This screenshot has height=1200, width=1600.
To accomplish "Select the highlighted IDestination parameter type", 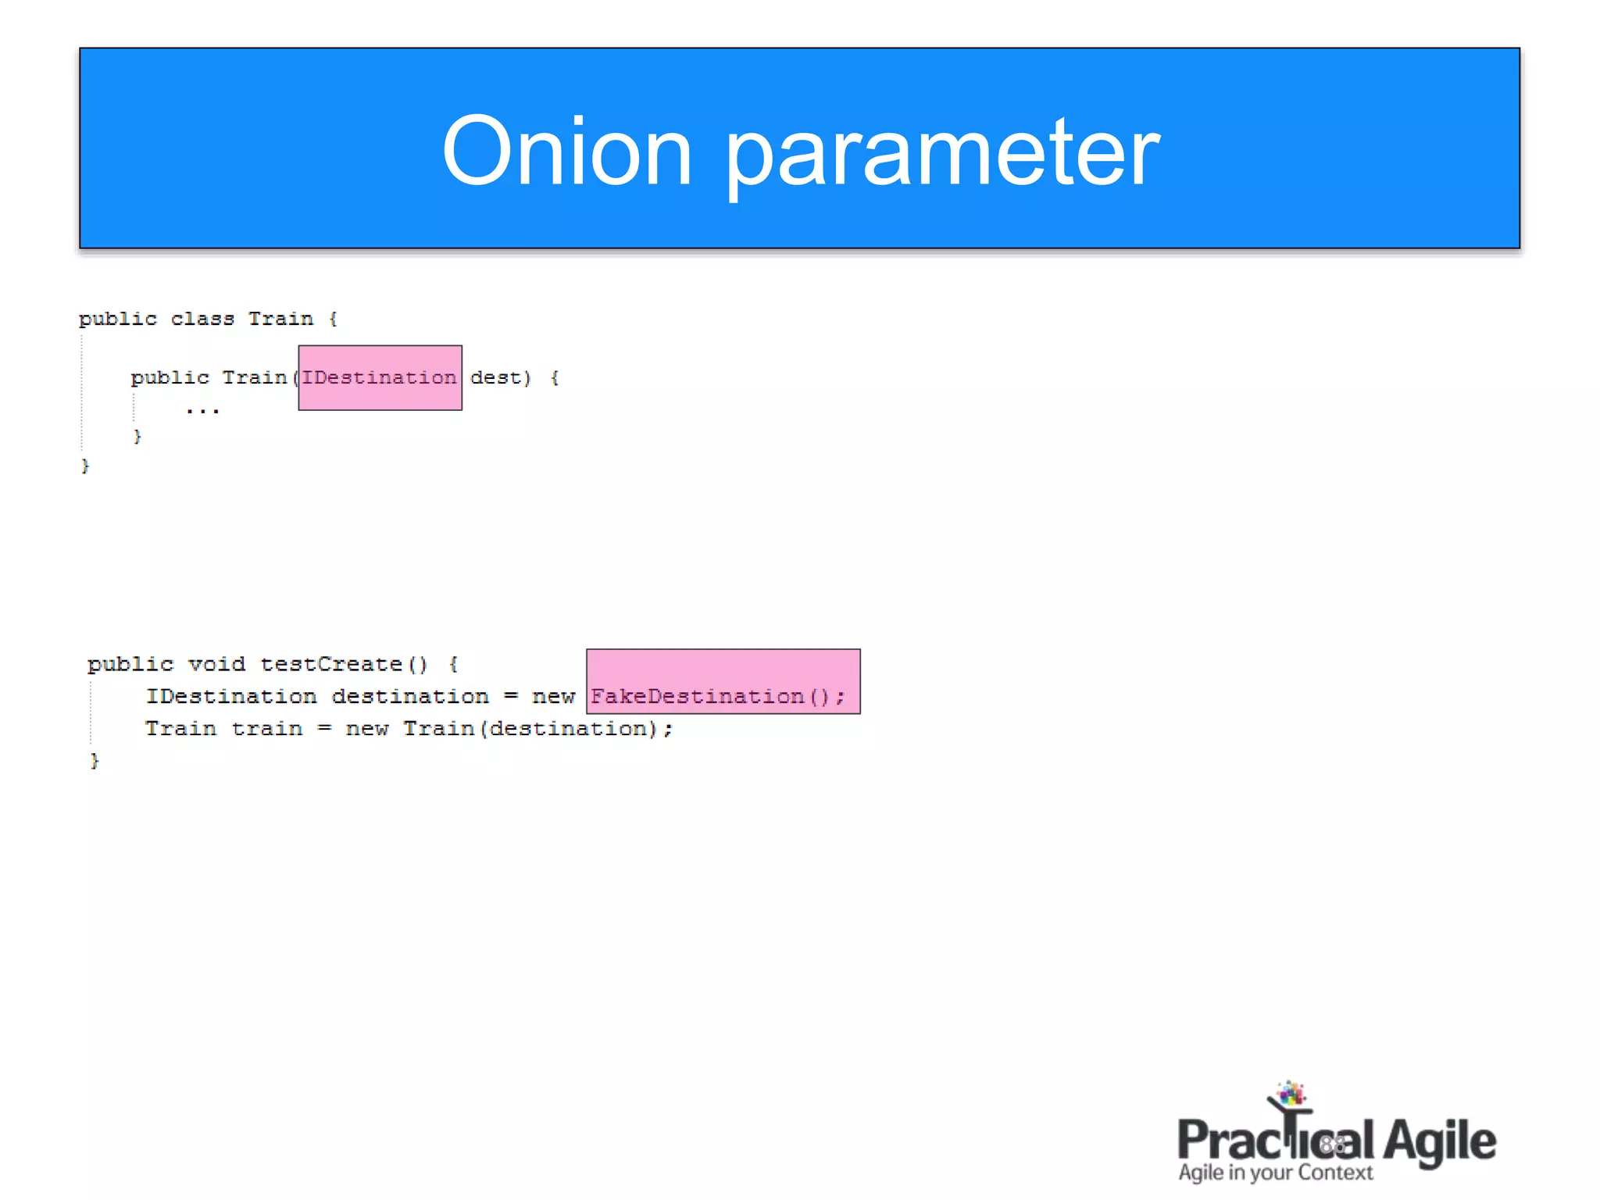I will [x=380, y=378].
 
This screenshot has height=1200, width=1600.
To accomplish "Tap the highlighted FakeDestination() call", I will [x=718, y=696].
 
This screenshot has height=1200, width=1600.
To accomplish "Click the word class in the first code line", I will [x=202, y=319].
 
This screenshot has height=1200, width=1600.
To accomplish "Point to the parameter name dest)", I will [x=501, y=378].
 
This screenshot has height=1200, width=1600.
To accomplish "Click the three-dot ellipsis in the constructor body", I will [x=203, y=410].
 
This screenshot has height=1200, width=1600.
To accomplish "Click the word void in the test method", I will [x=216, y=665].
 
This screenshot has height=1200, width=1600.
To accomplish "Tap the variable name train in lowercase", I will [x=266, y=729].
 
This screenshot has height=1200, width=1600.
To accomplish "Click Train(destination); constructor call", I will [x=537, y=729].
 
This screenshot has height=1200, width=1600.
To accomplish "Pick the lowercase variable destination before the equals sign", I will [x=410, y=697].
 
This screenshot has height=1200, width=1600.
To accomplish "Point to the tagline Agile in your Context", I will [x=1275, y=1173].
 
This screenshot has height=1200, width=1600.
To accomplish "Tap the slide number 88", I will [x=1333, y=1145].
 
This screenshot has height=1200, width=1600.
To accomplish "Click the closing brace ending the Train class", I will [x=85, y=466].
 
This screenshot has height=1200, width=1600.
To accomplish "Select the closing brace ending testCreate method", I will [x=95, y=761].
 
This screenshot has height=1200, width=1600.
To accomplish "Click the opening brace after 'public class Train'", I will [x=334, y=319].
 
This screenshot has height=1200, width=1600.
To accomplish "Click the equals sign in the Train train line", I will [x=324, y=729].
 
